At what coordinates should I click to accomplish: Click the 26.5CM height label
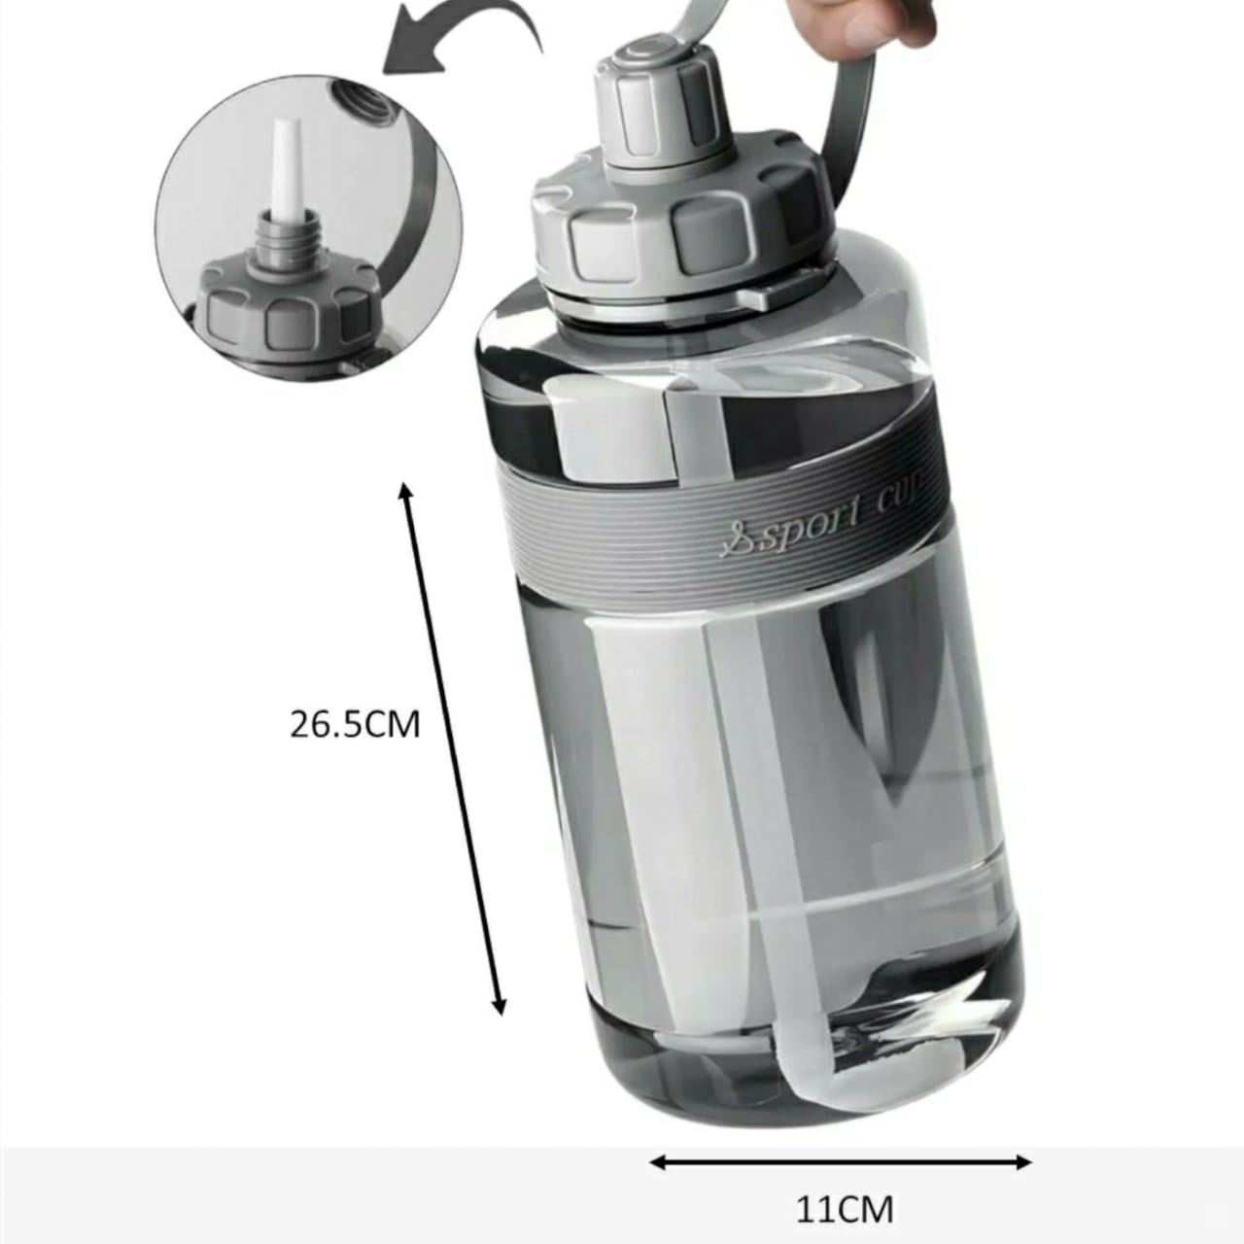(x=355, y=724)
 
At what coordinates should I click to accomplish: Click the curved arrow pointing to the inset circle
(x=463, y=38)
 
